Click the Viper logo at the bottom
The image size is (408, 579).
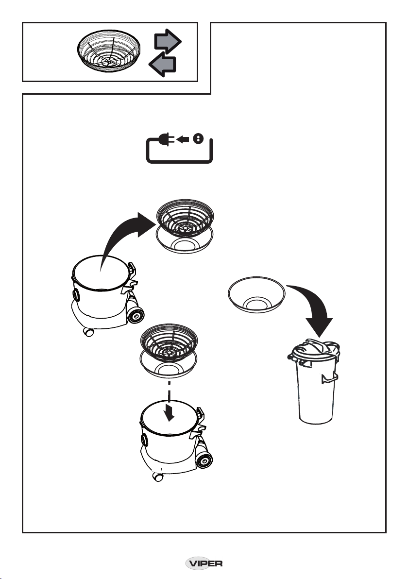[x=204, y=563]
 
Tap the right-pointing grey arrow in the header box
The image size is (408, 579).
[x=168, y=41]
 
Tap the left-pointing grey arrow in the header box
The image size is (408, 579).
[x=162, y=64]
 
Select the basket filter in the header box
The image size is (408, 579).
[x=109, y=51]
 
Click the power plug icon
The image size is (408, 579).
[x=167, y=139]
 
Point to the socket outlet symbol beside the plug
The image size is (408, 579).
[x=198, y=139]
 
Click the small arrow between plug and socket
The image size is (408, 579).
[x=183, y=139]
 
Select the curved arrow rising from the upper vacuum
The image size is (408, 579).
[x=122, y=237]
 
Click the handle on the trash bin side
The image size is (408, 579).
[x=329, y=378]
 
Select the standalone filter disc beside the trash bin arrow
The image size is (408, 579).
[x=256, y=294]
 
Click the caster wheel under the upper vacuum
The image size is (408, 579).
[x=88, y=332]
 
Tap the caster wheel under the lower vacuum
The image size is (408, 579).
[x=158, y=477]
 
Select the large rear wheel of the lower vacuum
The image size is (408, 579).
[x=204, y=459]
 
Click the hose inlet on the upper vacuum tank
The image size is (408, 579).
[x=76, y=295]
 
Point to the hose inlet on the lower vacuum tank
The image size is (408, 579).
[x=144, y=440]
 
